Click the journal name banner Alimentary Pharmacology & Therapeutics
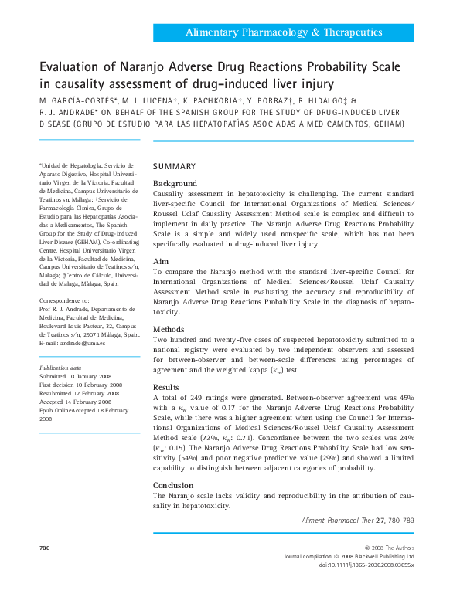coord(284,32)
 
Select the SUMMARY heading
coord(175,167)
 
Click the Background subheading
coord(175,183)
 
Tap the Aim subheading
coord(160,262)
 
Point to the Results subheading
coord(166,387)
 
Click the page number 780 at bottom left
coord(44,547)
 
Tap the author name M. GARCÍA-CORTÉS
coord(77,101)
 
